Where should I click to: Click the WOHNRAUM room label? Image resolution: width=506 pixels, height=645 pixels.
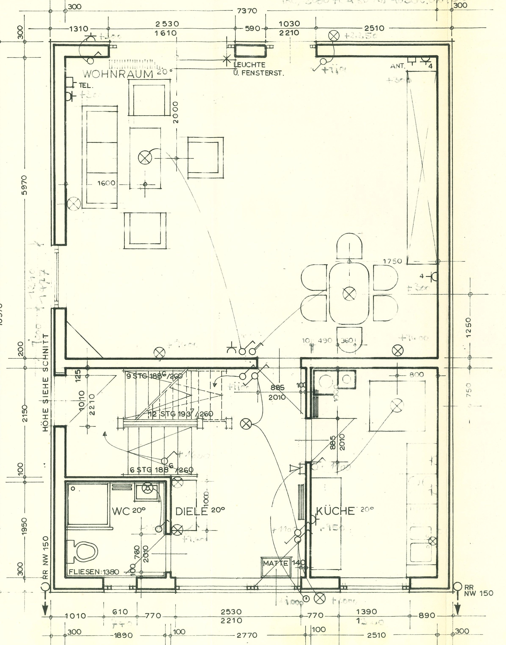(x=118, y=74)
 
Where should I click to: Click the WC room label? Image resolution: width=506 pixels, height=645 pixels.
(x=121, y=511)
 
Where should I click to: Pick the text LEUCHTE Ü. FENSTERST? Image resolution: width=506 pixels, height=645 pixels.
(x=258, y=69)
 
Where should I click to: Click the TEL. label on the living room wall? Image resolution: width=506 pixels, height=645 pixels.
(x=86, y=86)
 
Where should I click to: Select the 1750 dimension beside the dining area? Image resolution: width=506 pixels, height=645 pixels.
(x=393, y=261)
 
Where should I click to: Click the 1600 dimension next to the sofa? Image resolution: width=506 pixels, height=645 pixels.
(x=106, y=183)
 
